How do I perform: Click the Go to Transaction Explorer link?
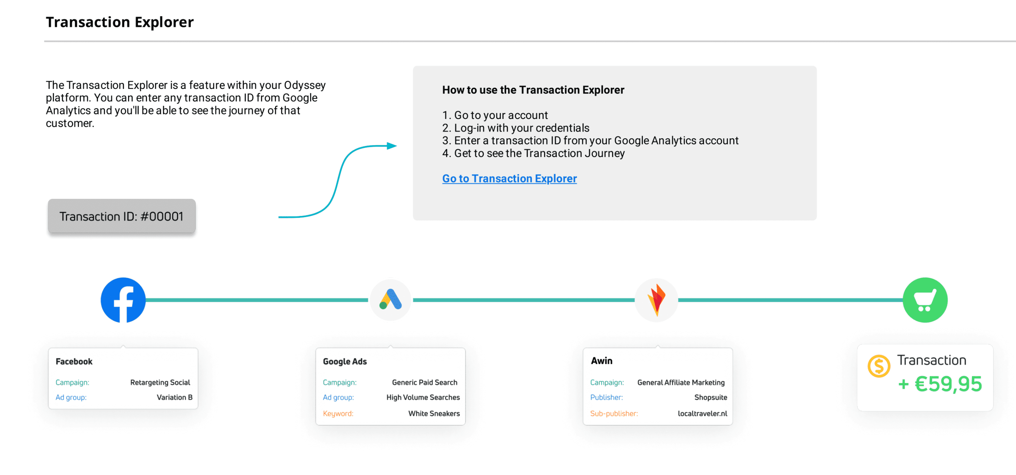(509, 178)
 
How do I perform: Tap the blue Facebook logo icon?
(123, 300)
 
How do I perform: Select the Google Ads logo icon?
(390, 300)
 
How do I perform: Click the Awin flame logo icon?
(656, 300)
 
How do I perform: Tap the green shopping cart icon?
(925, 300)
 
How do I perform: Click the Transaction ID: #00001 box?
(122, 216)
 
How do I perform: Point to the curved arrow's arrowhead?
(392, 146)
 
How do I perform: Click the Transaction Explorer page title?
(120, 22)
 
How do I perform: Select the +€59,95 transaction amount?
(940, 384)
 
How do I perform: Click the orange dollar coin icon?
(879, 366)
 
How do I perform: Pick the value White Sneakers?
(434, 413)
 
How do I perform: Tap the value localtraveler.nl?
(703, 413)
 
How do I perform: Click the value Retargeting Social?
(160, 382)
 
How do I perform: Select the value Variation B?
(174, 397)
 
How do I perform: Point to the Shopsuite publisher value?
(711, 397)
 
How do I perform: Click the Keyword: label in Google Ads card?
(338, 413)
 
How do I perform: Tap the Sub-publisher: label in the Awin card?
(614, 413)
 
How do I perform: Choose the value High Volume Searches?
(423, 397)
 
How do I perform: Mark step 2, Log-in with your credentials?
(516, 128)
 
